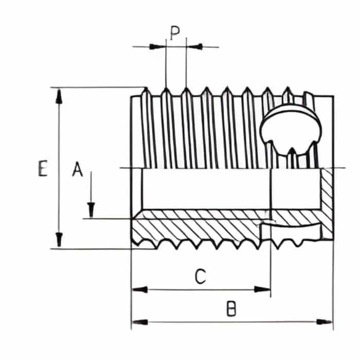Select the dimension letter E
[x=43, y=169]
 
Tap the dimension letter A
[x=77, y=169]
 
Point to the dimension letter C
[x=201, y=277]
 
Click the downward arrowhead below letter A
[x=91, y=210]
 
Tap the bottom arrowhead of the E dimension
[x=59, y=240]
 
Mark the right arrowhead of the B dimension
[x=325, y=322]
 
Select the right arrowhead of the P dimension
[x=195, y=47]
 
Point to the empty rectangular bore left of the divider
[x=206, y=188]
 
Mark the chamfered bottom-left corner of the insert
[x=135, y=239]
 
